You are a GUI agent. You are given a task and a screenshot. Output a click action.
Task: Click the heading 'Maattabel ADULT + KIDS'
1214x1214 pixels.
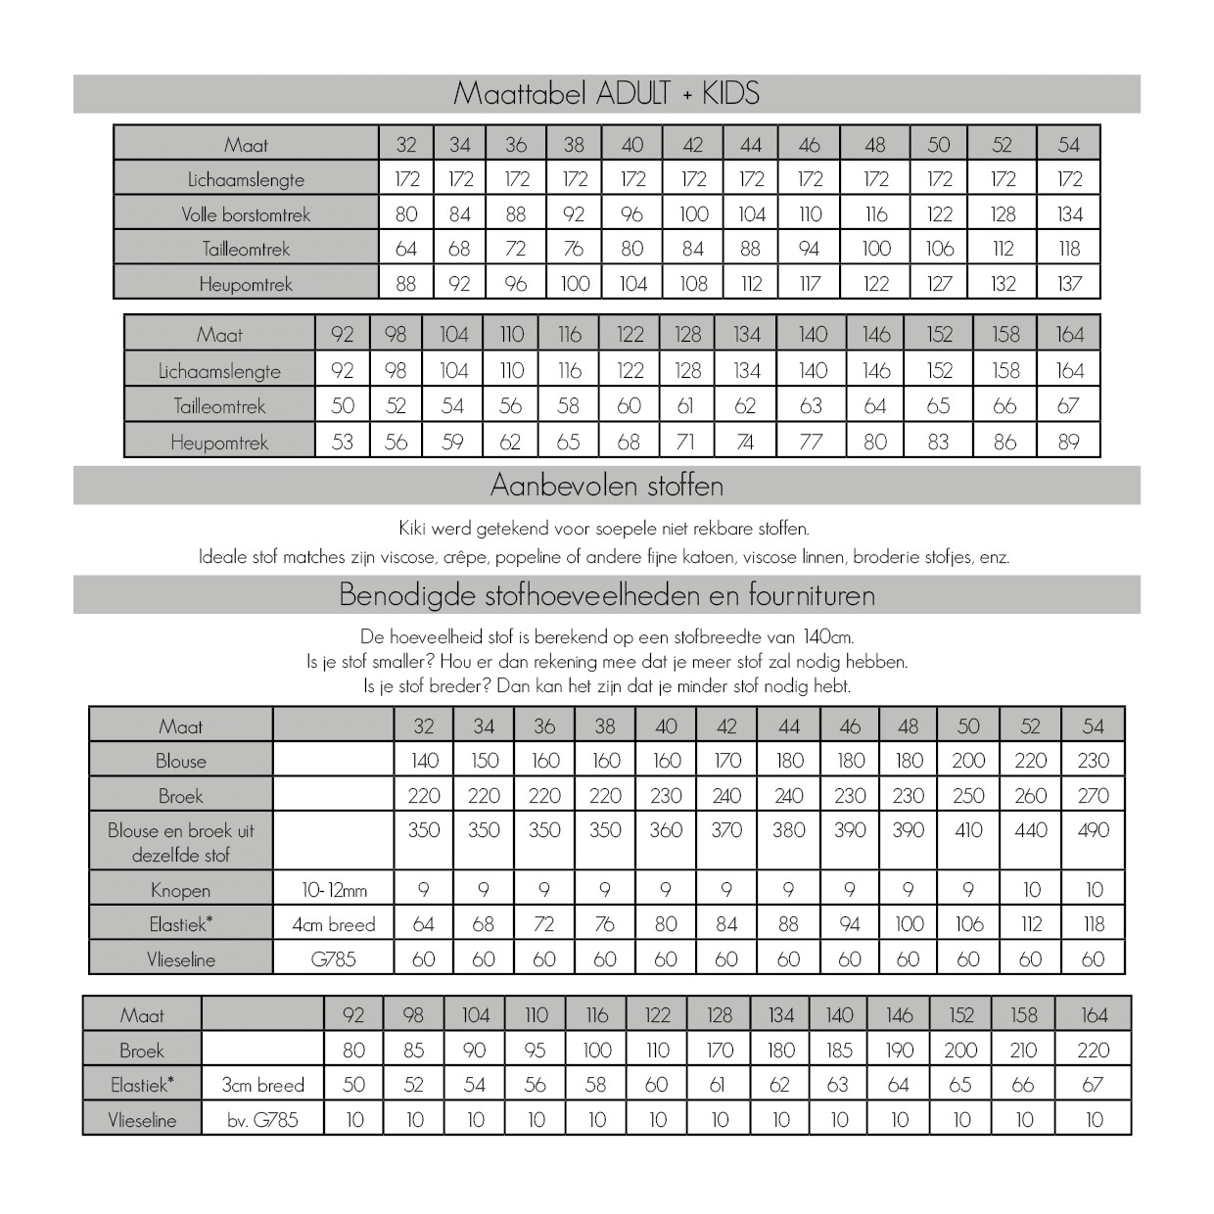click(x=606, y=94)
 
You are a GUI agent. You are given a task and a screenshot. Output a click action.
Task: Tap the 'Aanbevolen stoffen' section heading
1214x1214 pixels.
click(x=606, y=486)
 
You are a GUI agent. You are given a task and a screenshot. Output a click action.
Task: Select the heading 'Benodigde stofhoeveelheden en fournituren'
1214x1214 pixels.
click(x=606, y=595)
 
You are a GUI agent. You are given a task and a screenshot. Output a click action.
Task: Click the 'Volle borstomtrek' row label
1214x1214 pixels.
click(x=246, y=214)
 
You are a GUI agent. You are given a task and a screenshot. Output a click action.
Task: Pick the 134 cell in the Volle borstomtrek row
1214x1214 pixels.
click(x=1069, y=214)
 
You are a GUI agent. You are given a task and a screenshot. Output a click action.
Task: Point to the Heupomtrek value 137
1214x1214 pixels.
click(x=1069, y=284)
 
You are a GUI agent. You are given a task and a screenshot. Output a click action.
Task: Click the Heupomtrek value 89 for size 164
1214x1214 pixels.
click(x=1069, y=442)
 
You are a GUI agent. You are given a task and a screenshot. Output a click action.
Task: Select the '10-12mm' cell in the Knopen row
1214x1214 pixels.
click(x=334, y=890)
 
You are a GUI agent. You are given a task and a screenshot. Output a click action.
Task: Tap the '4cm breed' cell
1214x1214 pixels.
click(x=334, y=924)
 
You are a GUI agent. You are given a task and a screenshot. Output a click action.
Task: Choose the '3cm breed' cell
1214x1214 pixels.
click(x=262, y=1085)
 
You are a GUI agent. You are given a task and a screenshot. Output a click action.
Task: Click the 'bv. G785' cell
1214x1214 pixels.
click(x=262, y=1120)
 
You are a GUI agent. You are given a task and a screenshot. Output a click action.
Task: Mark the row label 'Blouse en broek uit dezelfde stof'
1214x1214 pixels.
click(x=180, y=842)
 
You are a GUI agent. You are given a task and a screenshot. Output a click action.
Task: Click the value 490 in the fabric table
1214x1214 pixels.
click(x=1093, y=830)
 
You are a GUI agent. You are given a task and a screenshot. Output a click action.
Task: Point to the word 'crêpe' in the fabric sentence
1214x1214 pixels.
click(x=466, y=557)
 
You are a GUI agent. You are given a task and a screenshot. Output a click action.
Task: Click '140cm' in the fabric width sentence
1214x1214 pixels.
click(x=827, y=637)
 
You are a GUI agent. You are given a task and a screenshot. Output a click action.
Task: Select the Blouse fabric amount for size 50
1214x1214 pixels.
click(x=968, y=761)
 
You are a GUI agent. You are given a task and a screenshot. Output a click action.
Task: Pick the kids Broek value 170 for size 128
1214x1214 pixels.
click(x=720, y=1051)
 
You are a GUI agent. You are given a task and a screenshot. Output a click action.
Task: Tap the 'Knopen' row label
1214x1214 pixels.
click(x=180, y=890)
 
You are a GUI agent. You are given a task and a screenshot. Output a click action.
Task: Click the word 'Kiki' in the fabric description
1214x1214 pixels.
click(x=413, y=529)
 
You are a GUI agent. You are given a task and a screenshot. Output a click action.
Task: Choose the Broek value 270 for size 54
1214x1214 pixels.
click(x=1093, y=796)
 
